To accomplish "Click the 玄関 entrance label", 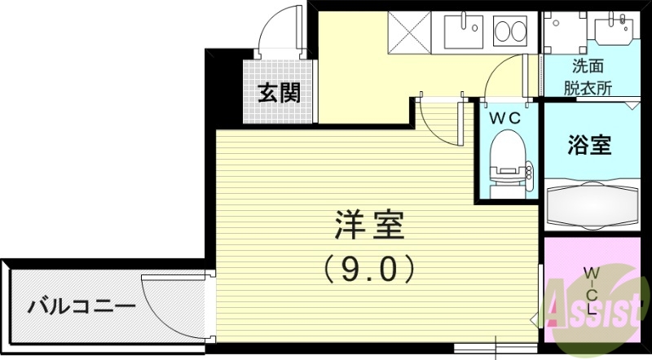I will click(x=280, y=93).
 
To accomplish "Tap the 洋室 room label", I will click(x=369, y=226).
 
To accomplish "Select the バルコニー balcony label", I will click(x=81, y=308).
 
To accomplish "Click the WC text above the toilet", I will click(x=504, y=117).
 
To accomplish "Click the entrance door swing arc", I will click(x=277, y=33).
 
